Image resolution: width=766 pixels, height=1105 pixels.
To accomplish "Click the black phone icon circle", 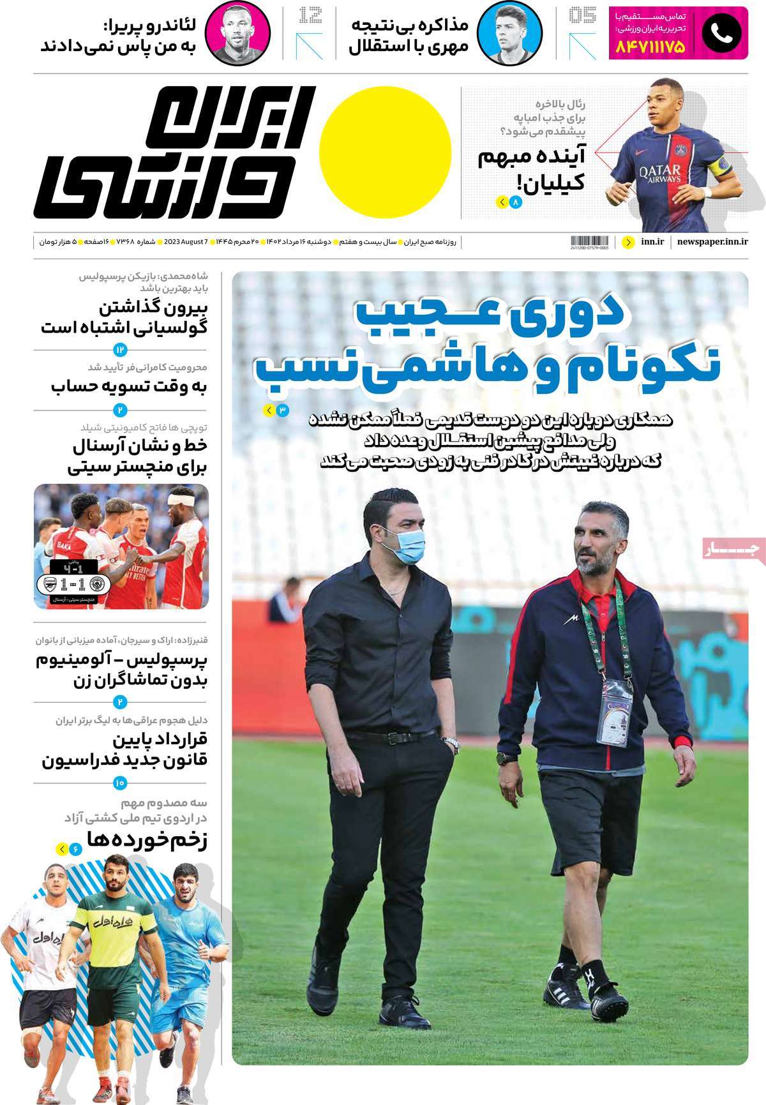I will coord(721,34).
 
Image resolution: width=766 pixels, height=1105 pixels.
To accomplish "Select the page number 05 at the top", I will coord(582,15).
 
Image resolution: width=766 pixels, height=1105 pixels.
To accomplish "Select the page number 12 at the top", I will coord(310,15).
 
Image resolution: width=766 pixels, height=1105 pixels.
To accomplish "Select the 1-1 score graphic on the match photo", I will coord(75,584).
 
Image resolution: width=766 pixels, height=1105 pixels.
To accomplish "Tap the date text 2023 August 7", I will coord(186,242).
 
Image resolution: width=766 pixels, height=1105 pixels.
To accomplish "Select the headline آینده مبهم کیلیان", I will coord(531,170).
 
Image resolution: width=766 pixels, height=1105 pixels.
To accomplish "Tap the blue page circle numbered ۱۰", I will coord(119,782).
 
